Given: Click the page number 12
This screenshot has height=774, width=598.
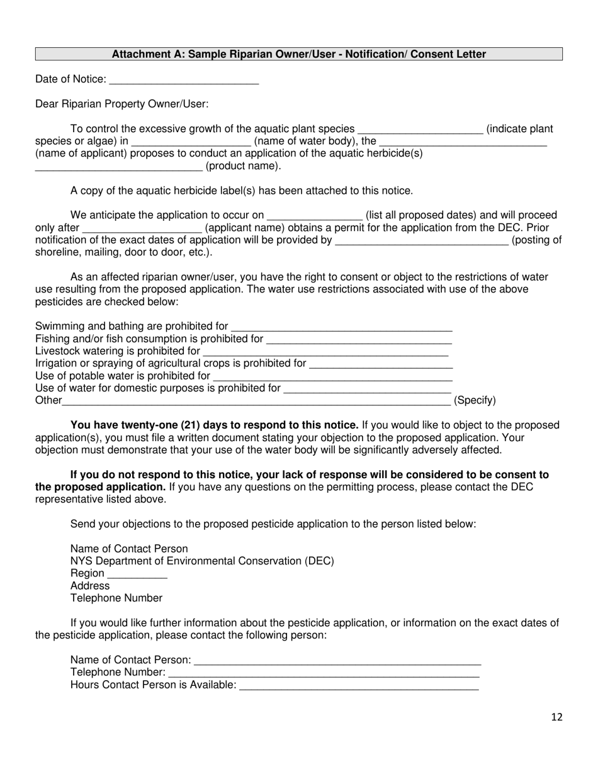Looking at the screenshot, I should (556, 717).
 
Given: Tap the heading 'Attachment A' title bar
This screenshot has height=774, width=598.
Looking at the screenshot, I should (299, 54).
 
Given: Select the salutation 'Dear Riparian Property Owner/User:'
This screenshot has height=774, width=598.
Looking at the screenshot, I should (122, 104).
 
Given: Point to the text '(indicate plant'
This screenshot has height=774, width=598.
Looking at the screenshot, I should (520, 129).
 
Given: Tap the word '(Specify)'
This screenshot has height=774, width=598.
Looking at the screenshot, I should (475, 400).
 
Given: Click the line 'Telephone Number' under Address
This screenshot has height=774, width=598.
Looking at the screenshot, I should (116, 598).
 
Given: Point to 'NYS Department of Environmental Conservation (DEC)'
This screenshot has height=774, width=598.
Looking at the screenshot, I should (202, 561).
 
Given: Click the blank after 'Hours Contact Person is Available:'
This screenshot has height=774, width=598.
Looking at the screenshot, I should (359, 686).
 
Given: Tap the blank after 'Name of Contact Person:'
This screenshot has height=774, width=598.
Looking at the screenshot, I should (337, 661).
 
